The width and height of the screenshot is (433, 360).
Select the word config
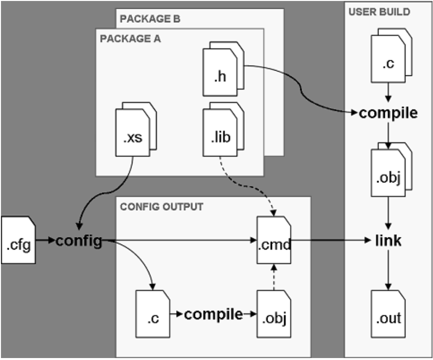[79, 241]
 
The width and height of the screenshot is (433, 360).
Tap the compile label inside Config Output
[213, 314]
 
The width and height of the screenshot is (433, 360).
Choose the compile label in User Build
[388, 113]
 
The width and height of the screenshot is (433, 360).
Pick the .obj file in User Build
[388, 178]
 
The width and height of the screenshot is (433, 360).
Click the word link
[388, 240]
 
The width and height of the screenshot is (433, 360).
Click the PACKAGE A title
[130, 39]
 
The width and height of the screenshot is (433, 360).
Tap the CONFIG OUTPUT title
[161, 207]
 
